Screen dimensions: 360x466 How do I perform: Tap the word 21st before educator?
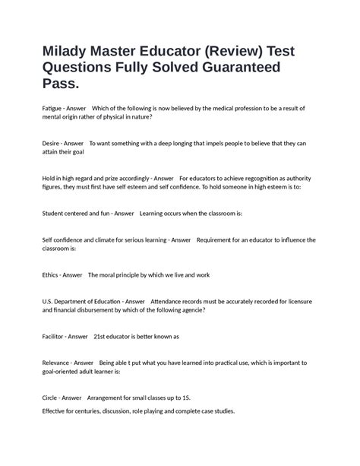pyautogui.click(x=101, y=335)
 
